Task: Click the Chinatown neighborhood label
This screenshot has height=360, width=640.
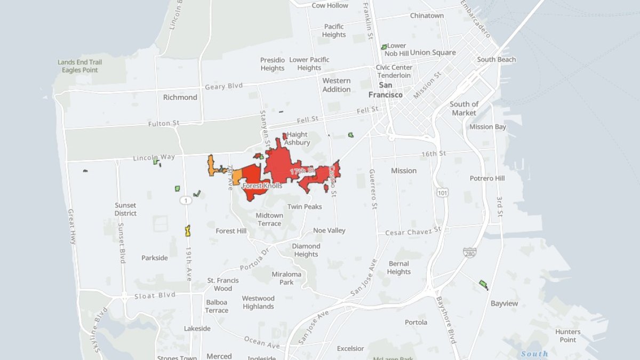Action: [x=427, y=15]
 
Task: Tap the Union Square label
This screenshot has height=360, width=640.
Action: [x=433, y=52]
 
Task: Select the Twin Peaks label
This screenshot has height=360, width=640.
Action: [x=305, y=206]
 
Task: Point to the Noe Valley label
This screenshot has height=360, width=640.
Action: [x=329, y=230]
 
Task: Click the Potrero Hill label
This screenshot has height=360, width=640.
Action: [x=487, y=178]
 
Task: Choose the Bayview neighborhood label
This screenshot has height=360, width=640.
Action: [x=504, y=303]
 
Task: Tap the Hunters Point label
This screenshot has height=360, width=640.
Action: [x=567, y=335]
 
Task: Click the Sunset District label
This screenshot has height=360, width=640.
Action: [x=125, y=209]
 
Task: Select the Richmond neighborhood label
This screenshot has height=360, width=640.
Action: [x=180, y=97]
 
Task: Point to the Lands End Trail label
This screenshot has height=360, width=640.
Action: [x=79, y=62]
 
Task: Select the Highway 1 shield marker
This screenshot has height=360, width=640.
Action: [x=186, y=200]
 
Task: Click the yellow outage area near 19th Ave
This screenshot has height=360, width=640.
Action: [x=188, y=231]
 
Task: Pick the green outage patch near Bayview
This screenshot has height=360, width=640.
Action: [x=483, y=285]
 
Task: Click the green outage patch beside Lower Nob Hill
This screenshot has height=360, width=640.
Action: [x=383, y=47]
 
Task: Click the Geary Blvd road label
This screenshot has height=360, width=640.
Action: [x=223, y=86]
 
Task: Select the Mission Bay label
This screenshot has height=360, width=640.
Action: [x=487, y=127]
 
